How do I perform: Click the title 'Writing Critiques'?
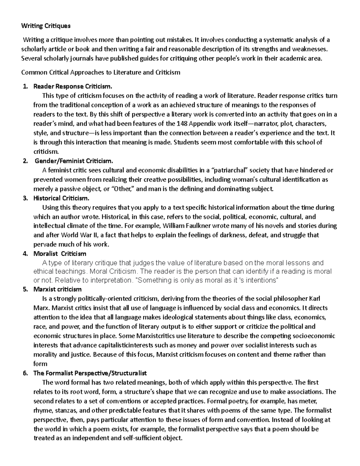46,26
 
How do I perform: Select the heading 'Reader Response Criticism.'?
72,86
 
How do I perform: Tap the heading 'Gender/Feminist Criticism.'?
74,161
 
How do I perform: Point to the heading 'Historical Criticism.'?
61,198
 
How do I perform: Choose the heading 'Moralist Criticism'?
60,254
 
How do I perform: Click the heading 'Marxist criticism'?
57,289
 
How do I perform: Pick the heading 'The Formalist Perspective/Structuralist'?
90,373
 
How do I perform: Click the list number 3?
25,198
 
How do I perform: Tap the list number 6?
25,373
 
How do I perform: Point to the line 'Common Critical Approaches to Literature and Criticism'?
100,72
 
